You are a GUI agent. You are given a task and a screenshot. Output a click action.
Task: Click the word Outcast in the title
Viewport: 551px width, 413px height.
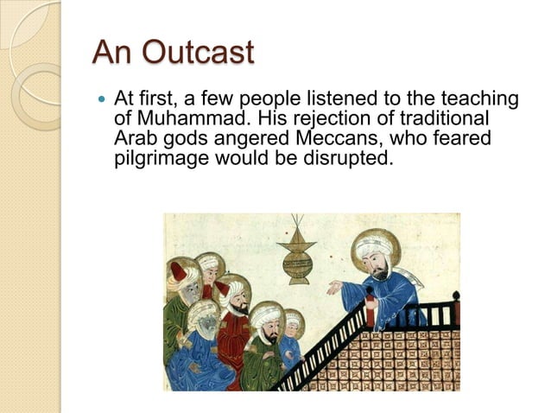(x=198, y=53)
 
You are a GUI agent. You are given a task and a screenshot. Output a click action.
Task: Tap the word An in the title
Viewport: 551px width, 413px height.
(x=114, y=53)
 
